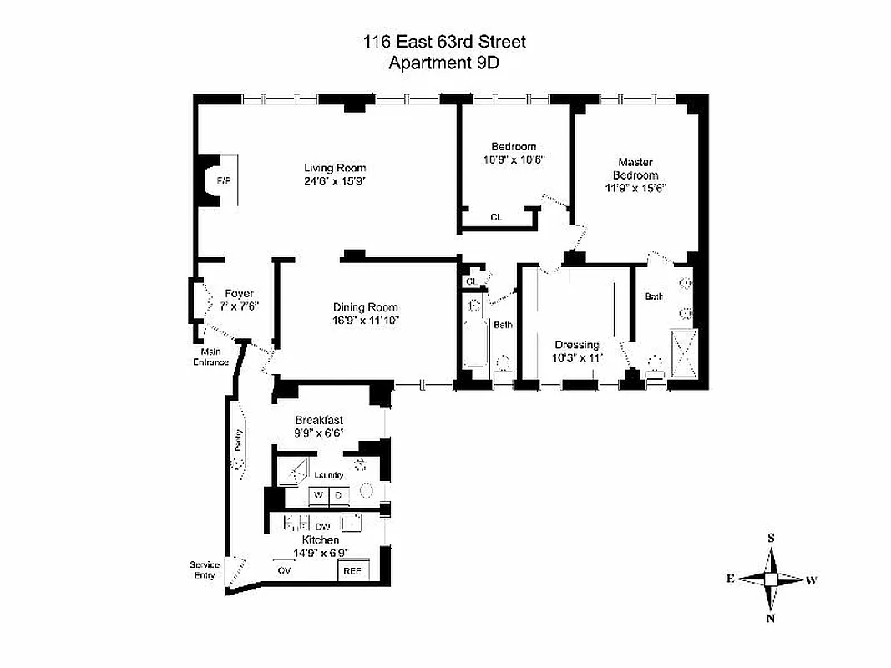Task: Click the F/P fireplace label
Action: tap(223, 180)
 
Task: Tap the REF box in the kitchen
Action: tap(351, 571)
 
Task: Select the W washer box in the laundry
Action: tap(318, 495)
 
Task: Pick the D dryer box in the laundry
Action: tap(338, 495)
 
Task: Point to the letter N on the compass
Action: tap(771, 618)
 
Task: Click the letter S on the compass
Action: tap(771, 539)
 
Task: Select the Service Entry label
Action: tap(205, 570)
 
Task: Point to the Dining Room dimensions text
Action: tap(366, 320)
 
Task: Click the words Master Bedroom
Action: tap(635, 169)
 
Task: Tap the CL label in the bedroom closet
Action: tap(496, 217)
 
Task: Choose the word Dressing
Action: tap(577, 345)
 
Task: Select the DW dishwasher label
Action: tap(322, 527)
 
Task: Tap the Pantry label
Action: tap(239, 439)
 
